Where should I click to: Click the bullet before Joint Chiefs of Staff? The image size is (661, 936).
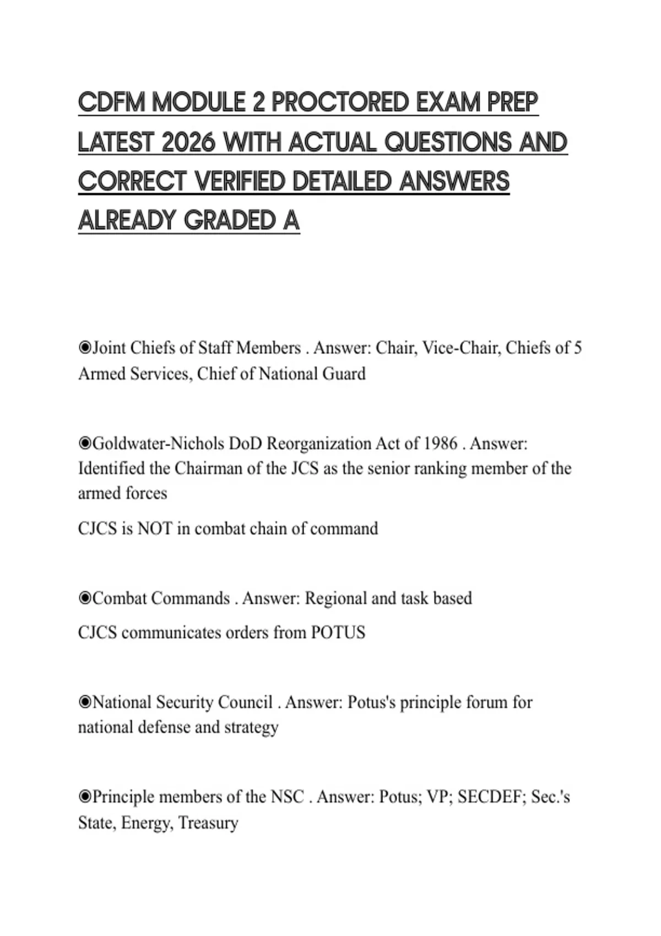click(85, 348)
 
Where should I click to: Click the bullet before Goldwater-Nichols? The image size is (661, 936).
click(85, 443)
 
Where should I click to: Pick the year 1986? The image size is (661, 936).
click(441, 443)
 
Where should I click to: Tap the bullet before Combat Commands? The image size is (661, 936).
click(85, 598)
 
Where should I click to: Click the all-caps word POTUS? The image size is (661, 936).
click(338, 632)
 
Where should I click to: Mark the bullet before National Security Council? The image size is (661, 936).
click(85, 702)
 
